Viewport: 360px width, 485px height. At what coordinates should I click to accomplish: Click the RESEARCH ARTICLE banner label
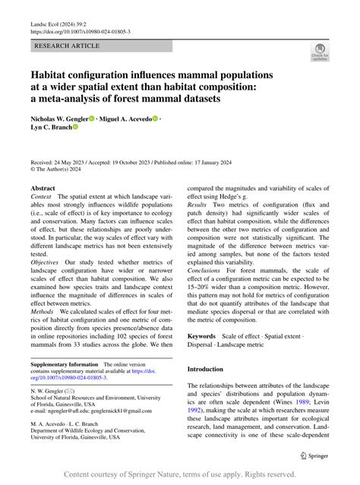coord(67,46)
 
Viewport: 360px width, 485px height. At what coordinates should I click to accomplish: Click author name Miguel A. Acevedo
coord(125,118)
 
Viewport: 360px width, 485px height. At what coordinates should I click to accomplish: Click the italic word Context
coord(43,197)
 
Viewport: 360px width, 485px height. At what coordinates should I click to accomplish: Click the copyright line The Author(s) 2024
coord(62,170)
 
